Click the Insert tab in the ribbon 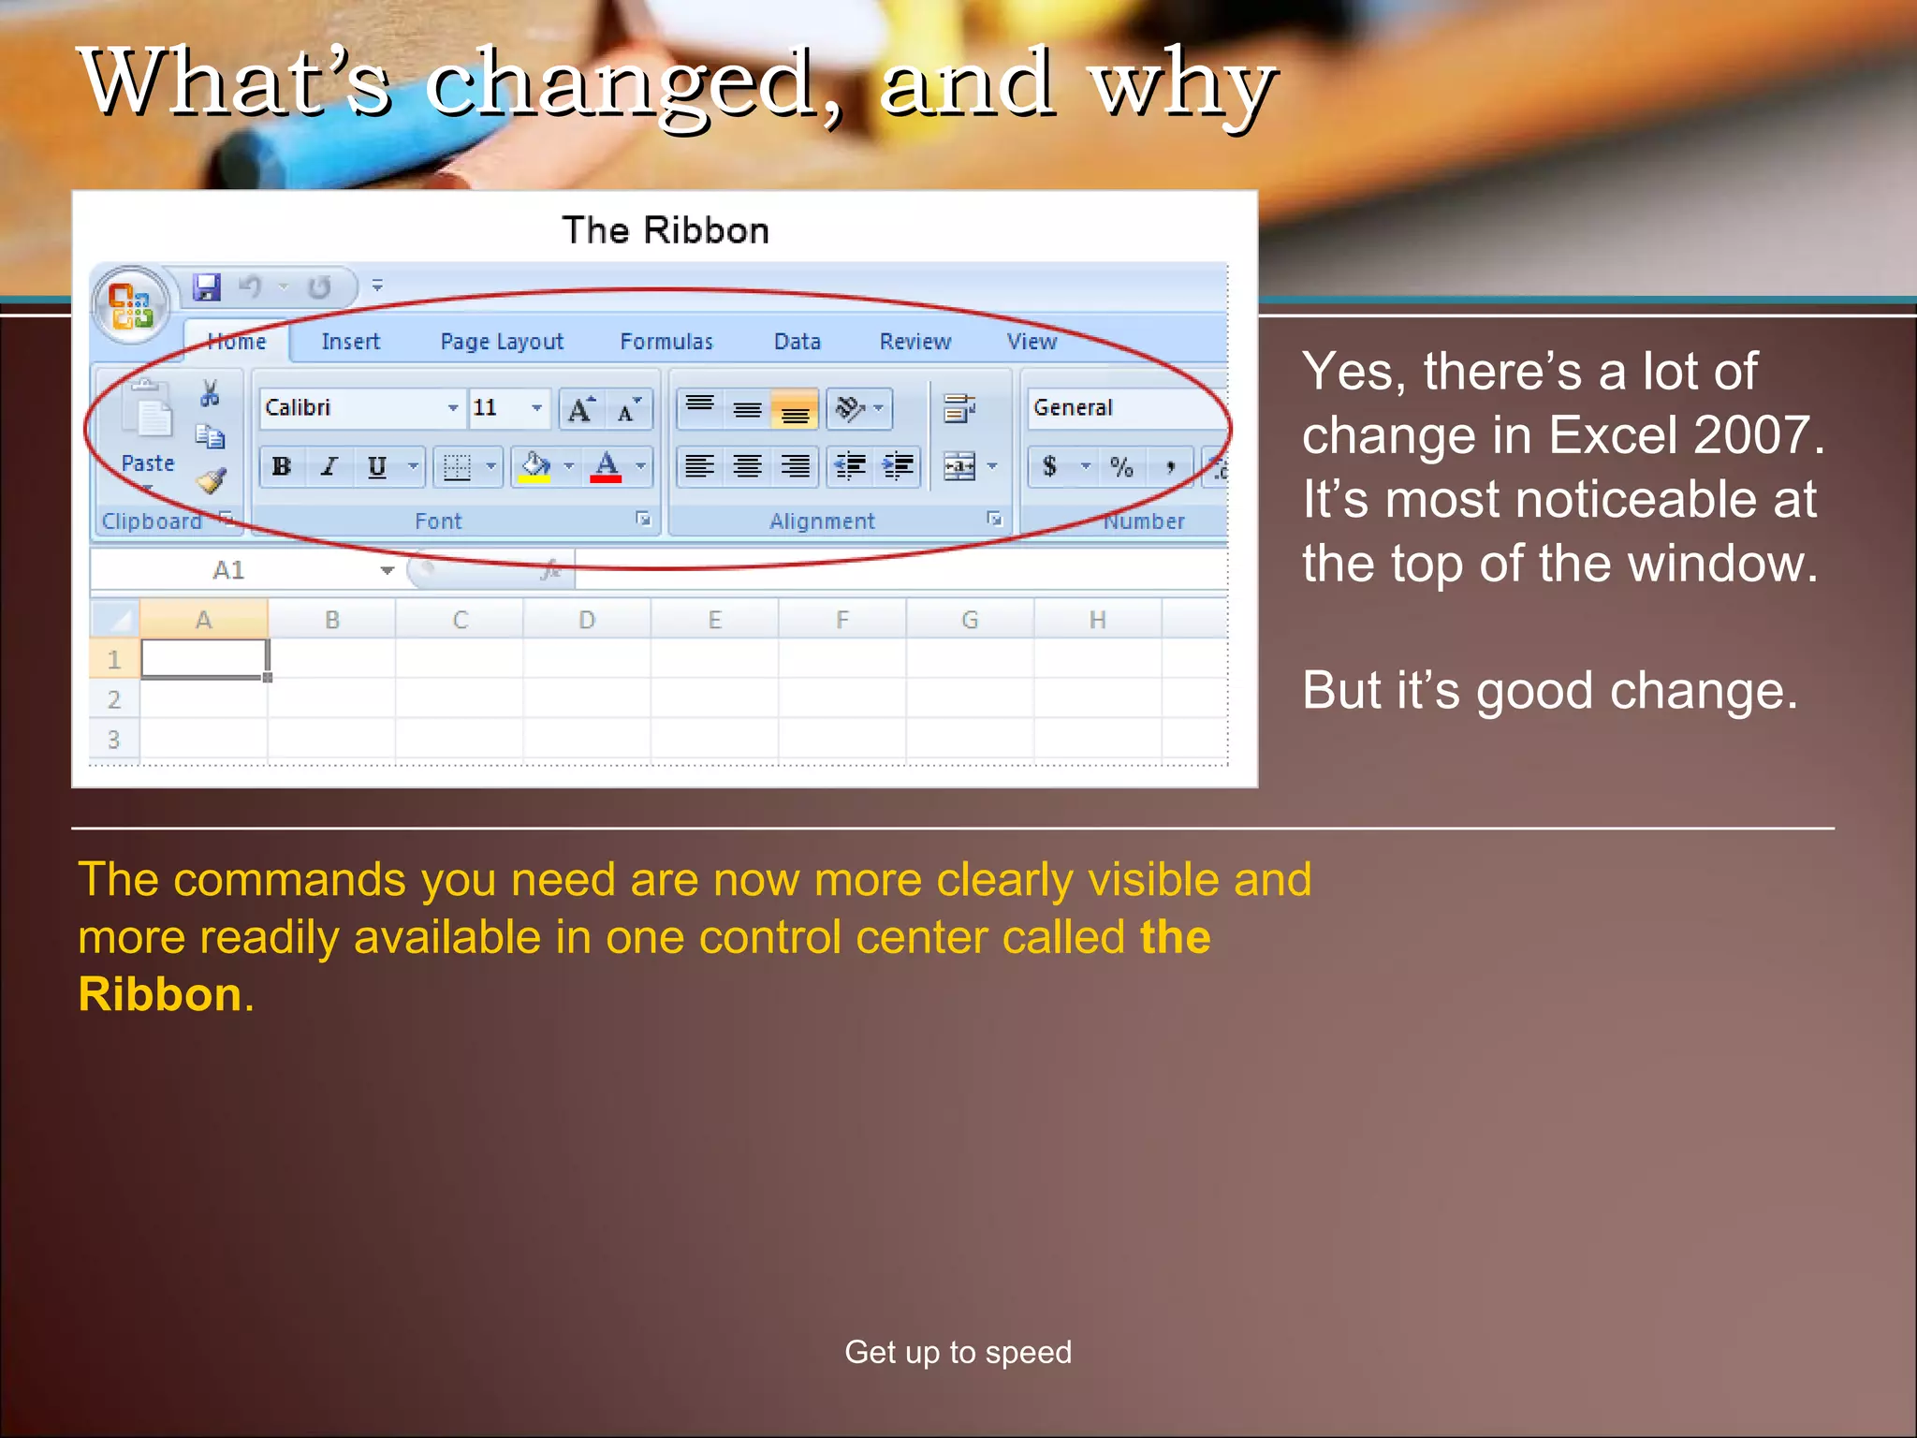[350, 342]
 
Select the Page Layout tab [502, 342]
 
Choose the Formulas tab [666, 342]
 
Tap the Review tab [915, 342]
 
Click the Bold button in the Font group [282, 466]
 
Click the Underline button [376, 466]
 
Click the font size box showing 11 [496, 408]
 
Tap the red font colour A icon [606, 465]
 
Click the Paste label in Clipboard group [148, 463]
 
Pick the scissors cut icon [210, 393]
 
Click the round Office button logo [131, 305]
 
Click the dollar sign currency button [1050, 466]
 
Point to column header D [587, 620]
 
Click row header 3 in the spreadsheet [113, 740]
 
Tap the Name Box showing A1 [229, 570]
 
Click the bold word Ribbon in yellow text [160, 994]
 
